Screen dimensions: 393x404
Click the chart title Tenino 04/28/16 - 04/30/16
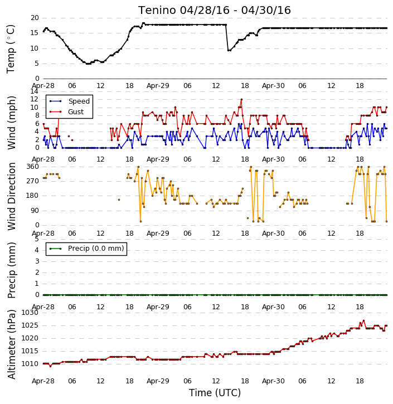pos(215,10)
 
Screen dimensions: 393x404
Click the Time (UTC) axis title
pos(215,393)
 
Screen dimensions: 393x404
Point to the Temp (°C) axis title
pos(11,49)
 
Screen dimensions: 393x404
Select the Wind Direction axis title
pos(11,196)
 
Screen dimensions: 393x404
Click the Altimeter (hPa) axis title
pos(11,344)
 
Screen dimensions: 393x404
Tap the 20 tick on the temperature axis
pos(35,18)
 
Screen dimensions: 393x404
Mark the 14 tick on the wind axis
pos(34,91)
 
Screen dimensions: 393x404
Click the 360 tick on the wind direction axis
pos(33,167)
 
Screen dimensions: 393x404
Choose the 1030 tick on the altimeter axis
pos(30,313)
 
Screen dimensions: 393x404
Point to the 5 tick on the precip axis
pos(37,239)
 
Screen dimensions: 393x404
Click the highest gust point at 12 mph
pos(241,99)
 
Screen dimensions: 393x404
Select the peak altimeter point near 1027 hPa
pos(363,321)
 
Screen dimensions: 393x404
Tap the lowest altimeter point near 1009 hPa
pos(51,366)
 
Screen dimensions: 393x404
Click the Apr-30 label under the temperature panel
pos(273,86)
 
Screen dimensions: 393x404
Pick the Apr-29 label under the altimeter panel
pos(158,381)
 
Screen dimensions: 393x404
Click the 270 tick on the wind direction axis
pos(33,181)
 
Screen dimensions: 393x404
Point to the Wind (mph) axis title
pos(11,123)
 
